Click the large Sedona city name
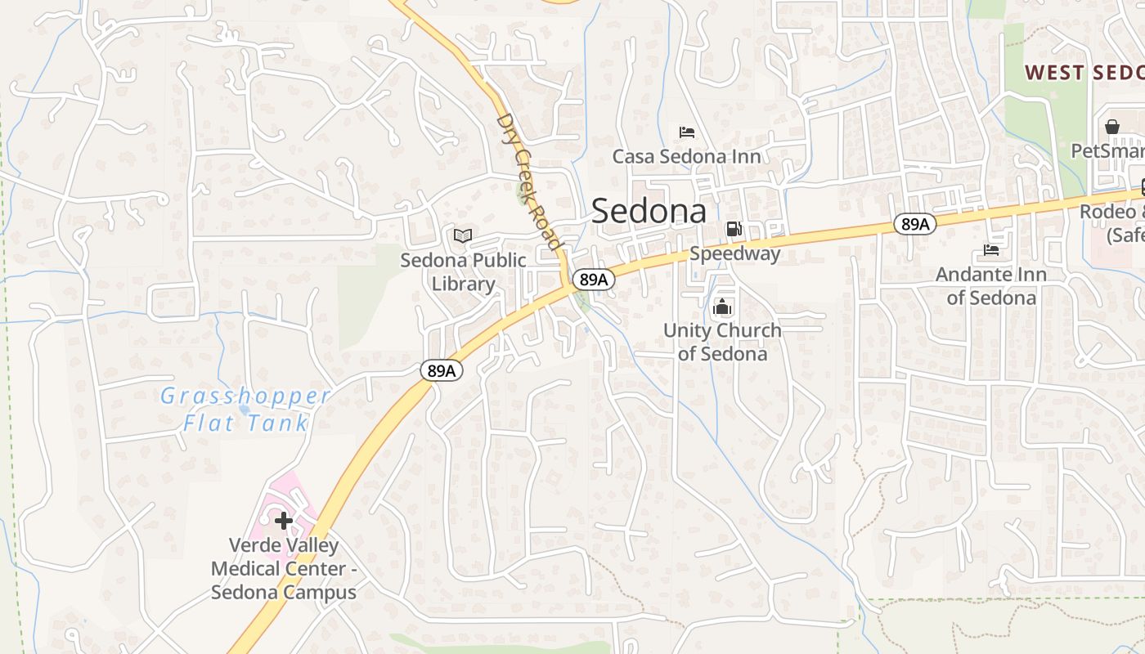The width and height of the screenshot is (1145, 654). pos(649,211)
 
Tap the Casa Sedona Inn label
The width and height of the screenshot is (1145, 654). pos(686,156)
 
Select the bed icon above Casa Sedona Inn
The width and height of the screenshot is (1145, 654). pos(687,132)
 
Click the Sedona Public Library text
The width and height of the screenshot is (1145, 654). pos(463,272)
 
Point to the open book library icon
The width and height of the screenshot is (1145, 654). pos(463,236)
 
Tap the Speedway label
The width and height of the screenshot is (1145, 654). pos(734,253)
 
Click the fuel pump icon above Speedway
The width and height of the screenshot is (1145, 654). pos(734,230)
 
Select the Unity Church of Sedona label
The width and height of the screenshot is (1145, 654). pos(722,342)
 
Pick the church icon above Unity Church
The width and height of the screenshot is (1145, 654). pos(722,307)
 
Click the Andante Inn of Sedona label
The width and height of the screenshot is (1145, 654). pos(990,285)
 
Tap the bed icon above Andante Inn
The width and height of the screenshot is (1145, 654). pos(991,249)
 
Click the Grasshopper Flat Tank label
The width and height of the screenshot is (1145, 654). pos(245,410)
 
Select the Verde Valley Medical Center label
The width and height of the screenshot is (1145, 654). pos(284,568)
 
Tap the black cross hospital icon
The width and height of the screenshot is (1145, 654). pos(284,521)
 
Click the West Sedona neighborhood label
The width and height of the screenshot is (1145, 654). pos(1084,72)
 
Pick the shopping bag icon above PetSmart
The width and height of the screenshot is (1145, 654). pos(1112,127)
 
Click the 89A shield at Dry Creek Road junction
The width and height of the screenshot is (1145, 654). pos(593,280)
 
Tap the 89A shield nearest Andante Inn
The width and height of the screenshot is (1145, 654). pos(914,224)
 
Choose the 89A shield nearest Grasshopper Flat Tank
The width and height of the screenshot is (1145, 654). pos(442,371)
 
